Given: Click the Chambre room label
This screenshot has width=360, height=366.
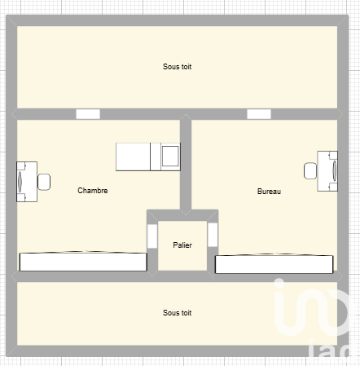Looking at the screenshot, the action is [93, 191].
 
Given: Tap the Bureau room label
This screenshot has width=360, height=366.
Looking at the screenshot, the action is [269, 192].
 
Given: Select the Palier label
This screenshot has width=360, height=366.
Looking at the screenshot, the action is [182, 245].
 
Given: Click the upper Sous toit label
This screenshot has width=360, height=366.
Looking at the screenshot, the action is [177, 67].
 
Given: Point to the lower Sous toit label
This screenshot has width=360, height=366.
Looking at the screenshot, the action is [177, 313].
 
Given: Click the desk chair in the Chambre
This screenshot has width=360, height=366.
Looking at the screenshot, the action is [44, 182].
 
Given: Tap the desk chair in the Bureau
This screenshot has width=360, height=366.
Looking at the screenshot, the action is [310, 170].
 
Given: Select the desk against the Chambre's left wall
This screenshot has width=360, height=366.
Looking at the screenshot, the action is [27, 182].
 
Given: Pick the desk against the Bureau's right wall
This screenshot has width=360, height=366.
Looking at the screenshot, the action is [327, 171].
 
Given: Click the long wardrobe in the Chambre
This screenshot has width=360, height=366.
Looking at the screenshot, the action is [83, 262].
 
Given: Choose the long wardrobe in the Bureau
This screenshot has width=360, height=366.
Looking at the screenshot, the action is [274, 264].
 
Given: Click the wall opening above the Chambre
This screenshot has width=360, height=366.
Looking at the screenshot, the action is [88, 114].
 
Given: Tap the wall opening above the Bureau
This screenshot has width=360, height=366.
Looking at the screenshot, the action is [259, 114].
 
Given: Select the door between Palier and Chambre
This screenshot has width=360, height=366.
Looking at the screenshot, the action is [152, 236].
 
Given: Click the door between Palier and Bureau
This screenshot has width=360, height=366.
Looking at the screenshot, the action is [213, 235].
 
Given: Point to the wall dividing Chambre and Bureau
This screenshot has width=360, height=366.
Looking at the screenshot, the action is [186, 165].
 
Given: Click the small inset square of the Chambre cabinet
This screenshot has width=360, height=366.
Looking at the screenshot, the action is [170, 156].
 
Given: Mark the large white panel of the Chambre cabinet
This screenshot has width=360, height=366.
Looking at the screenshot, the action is [133, 157].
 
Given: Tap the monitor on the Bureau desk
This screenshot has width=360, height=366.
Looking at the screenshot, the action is [335, 171].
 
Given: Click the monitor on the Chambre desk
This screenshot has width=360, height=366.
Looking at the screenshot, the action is [20, 182].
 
